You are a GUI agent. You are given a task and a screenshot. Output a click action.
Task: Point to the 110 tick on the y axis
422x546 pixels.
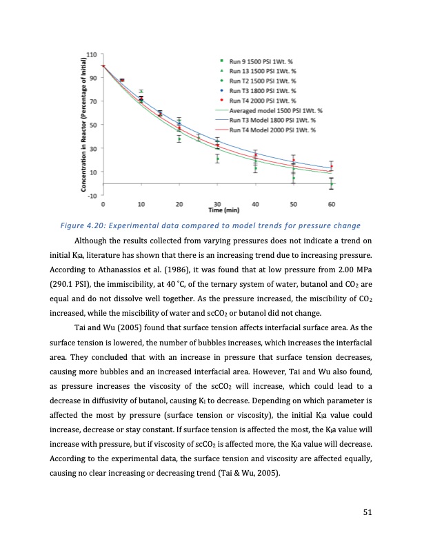pyautogui.click(x=91, y=54)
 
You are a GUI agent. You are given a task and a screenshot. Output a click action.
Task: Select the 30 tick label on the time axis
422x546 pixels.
pyautogui.click(x=217, y=204)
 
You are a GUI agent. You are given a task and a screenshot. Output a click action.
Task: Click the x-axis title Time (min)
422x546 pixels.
pyautogui.click(x=217, y=210)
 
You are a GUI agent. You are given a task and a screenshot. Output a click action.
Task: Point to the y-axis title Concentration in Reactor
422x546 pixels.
pyautogui.click(x=82, y=123)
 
